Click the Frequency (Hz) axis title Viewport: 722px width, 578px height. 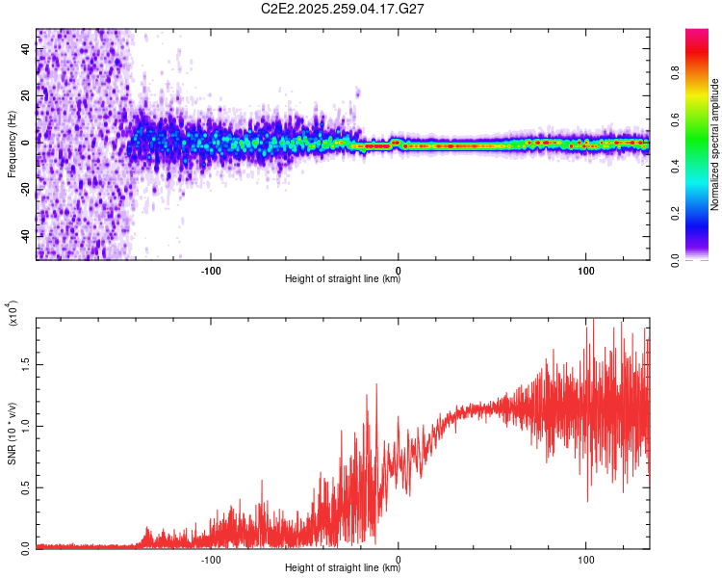[12, 145]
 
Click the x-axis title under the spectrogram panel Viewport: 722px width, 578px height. [343, 279]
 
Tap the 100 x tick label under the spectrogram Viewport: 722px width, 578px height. [586, 269]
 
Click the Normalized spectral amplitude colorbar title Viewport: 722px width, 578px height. [714, 144]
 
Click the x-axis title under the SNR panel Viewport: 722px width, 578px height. [343, 568]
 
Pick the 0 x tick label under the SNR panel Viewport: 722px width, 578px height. [399, 558]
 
